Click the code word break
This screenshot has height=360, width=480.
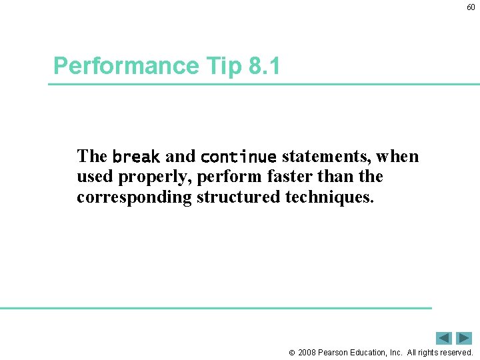[136, 157]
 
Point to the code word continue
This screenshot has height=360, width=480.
[238, 157]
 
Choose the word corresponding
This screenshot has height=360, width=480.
[134, 197]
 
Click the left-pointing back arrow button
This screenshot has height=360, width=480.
[444, 338]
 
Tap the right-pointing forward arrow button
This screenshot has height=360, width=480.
[464, 338]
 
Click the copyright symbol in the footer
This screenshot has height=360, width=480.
[291, 353]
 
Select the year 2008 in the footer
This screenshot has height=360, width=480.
[308, 353]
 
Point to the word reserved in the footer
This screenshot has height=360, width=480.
[455, 353]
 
